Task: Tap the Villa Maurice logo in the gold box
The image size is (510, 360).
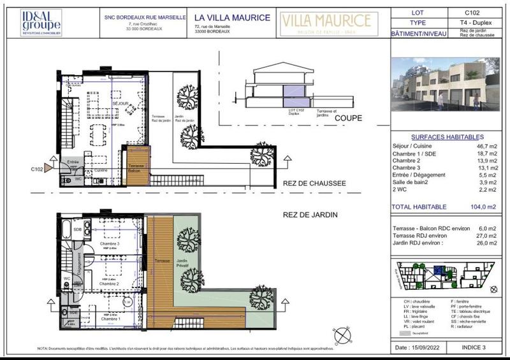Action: [x=326, y=22]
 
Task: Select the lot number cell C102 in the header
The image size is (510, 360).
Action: [x=473, y=11]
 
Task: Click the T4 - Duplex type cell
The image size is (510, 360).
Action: [x=473, y=22]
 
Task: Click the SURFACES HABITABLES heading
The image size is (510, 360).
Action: [x=447, y=137]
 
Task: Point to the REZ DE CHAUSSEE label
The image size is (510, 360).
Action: [x=314, y=184]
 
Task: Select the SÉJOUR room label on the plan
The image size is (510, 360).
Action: [x=121, y=103]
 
